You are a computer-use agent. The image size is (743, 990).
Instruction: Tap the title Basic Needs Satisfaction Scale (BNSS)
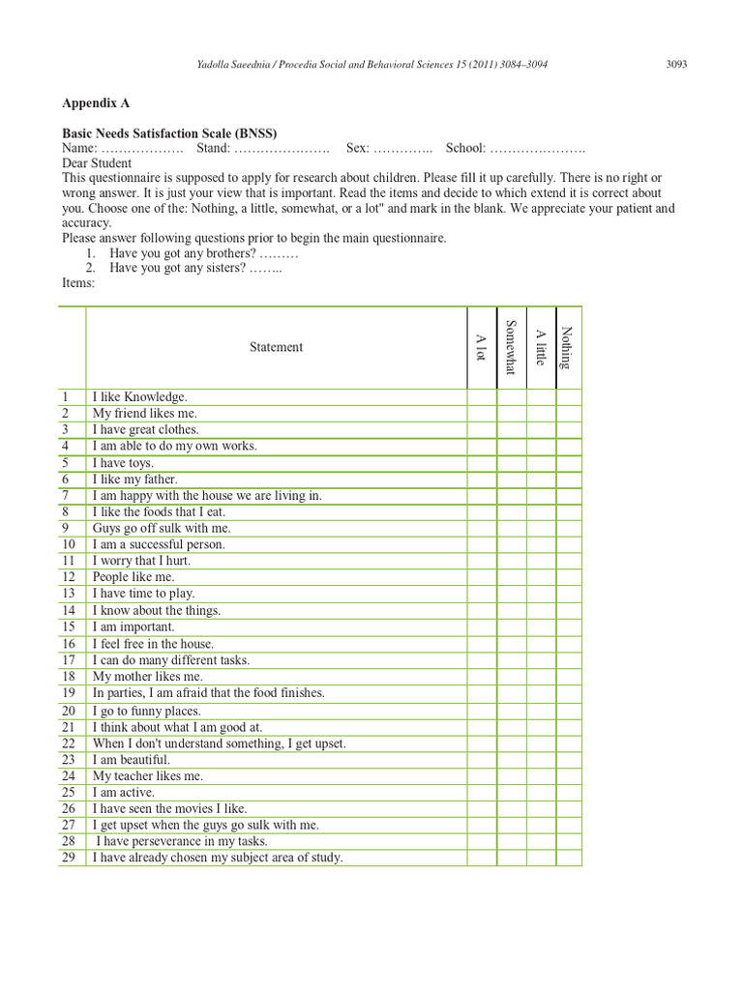[176, 133]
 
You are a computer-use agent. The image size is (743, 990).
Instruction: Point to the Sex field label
[358, 149]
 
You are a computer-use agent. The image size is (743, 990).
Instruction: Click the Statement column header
[276, 347]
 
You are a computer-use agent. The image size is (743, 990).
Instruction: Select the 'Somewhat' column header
[512, 347]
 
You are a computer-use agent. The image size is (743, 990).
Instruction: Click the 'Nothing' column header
[568, 347]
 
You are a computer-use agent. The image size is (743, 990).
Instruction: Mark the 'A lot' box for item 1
[481, 396]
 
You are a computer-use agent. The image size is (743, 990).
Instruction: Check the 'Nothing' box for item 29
[569, 858]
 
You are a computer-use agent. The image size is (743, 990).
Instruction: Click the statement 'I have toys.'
[123, 462]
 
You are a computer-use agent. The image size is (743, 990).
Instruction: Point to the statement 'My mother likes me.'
[147, 677]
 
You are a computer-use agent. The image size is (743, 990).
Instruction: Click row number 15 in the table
[69, 626]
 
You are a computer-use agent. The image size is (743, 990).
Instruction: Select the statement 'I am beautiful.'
[132, 760]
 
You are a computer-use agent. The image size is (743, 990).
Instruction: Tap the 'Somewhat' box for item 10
[512, 544]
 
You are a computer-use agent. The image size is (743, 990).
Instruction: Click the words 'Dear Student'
[97, 163]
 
